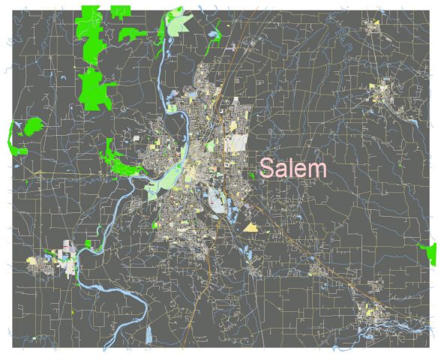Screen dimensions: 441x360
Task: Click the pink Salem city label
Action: point(293,168)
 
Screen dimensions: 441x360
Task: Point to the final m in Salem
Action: point(319,169)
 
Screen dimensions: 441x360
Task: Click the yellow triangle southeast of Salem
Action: point(250,226)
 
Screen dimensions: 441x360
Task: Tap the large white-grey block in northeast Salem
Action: point(238,142)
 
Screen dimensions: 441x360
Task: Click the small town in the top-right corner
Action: point(373,28)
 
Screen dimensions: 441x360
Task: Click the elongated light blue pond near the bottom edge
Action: point(148,332)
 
